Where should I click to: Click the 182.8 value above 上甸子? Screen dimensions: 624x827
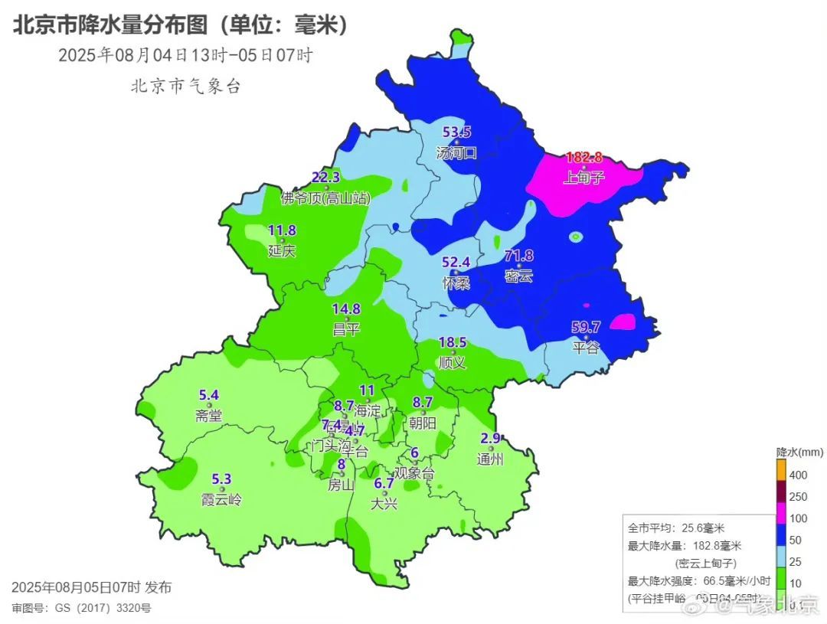[x=583, y=158]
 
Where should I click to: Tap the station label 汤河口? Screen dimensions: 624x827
[x=456, y=152]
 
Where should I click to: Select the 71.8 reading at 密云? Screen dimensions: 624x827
[x=518, y=256]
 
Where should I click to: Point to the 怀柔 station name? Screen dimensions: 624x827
[x=455, y=283]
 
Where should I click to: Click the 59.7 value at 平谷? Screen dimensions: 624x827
[x=586, y=327]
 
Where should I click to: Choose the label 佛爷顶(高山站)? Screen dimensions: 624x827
[x=325, y=199]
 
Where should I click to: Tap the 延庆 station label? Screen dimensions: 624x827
[x=281, y=251]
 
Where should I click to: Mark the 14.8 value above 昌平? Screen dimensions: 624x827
[x=346, y=309]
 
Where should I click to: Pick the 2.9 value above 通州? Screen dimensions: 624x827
[x=490, y=438]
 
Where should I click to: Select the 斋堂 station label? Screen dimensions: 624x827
[x=208, y=417]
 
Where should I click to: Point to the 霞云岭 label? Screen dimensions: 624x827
[x=221, y=501]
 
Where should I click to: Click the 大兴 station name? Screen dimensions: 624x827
[x=383, y=504]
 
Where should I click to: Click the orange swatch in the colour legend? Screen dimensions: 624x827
[x=781, y=469]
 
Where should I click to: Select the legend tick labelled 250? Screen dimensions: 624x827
[x=799, y=497]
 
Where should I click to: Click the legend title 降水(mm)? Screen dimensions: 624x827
[x=799, y=452]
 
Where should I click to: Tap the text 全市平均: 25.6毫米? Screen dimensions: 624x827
[x=676, y=528]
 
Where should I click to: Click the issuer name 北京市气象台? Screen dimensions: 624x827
[x=185, y=86]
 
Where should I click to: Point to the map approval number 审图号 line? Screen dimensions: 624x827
[x=81, y=608]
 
